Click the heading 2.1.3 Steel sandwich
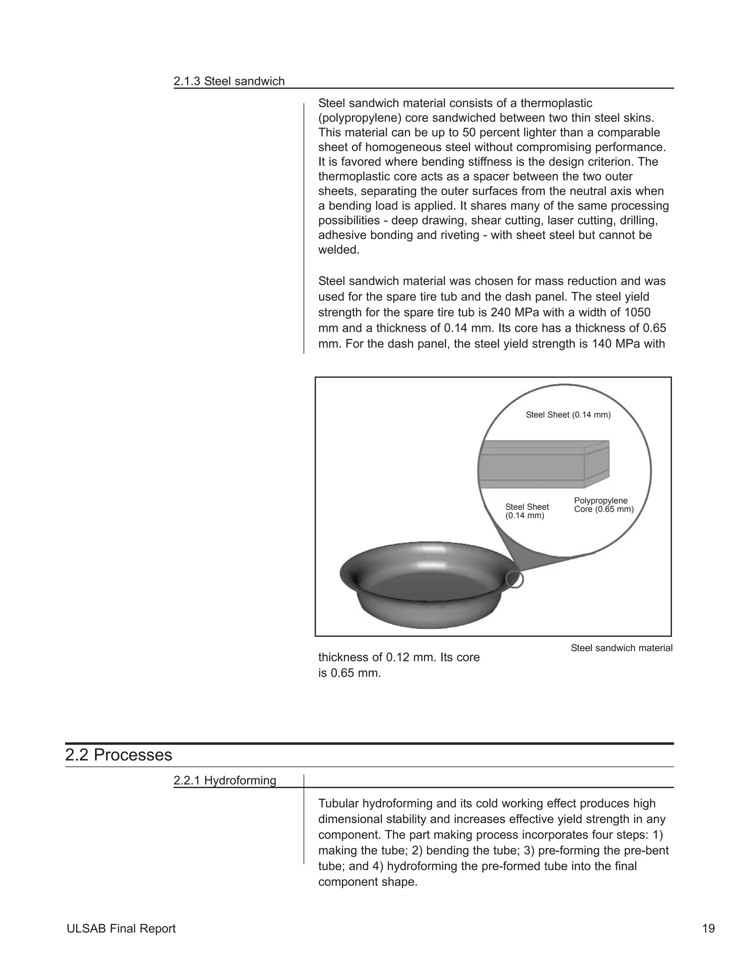tap(229, 81)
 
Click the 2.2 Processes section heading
tap(119, 755)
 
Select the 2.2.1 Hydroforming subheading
tap(225, 781)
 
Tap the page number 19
tap(708, 928)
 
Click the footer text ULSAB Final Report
tap(121, 928)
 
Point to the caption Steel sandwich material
tap(621, 648)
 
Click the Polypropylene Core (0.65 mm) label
tap(603, 505)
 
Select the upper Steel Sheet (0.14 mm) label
tap(568, 415)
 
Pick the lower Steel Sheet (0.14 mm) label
tap(527, 511)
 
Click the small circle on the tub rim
tap(514, 579)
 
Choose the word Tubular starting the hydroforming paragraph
tap(338, 804)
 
